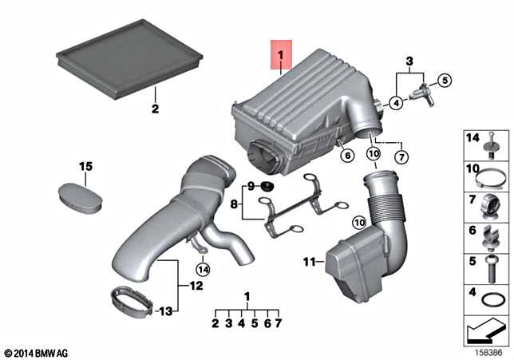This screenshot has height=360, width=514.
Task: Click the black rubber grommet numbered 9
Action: [267, 187]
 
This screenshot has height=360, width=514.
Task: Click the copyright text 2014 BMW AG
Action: [40, 352]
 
